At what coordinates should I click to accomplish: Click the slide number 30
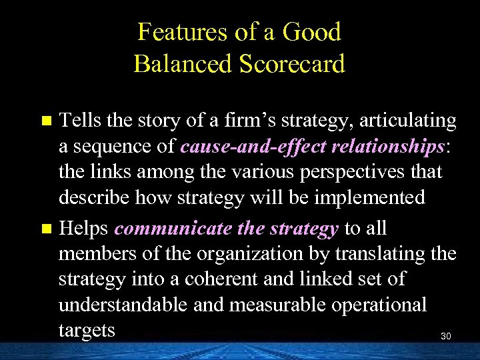point(446,337)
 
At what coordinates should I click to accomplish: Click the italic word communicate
point(173,229)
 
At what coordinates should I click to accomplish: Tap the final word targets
point(87,330)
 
